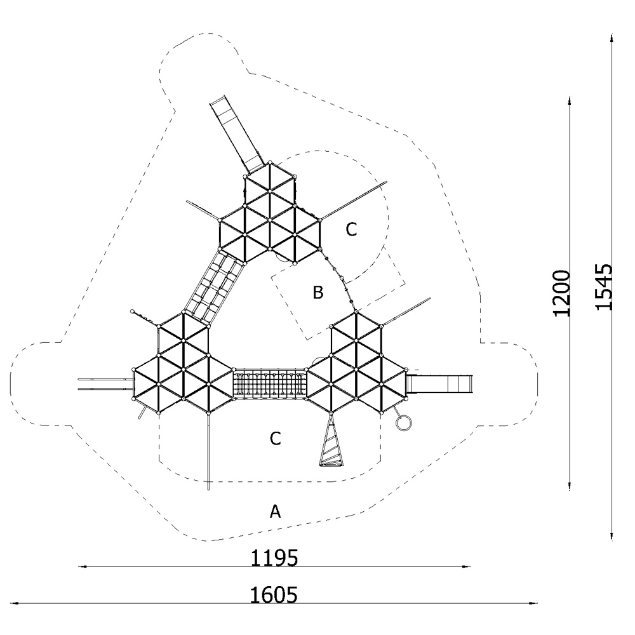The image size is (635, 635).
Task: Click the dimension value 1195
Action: [x=274, y=558]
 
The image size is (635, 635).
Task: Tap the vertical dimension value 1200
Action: [x=561, y=293]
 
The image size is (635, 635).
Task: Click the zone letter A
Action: [x=275, y=511]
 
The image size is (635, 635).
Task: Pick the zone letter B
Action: [x=318, y=292]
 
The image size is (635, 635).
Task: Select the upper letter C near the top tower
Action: [x=351, y=230]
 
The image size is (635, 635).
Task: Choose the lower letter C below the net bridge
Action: [x=276, y=439]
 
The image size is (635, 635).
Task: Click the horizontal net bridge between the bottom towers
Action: [x=270, y=383]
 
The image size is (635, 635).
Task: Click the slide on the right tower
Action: [x=439, y=384]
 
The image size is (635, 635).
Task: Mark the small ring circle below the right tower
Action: [x=403, y=422]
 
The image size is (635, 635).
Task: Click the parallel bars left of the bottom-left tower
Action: [x=105, y=384]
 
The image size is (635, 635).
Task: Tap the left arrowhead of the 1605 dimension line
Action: [x=14, y=603]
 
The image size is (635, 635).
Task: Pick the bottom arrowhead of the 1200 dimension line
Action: [x=570, y=486]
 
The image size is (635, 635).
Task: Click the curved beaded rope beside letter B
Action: [x=342, y=279]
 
